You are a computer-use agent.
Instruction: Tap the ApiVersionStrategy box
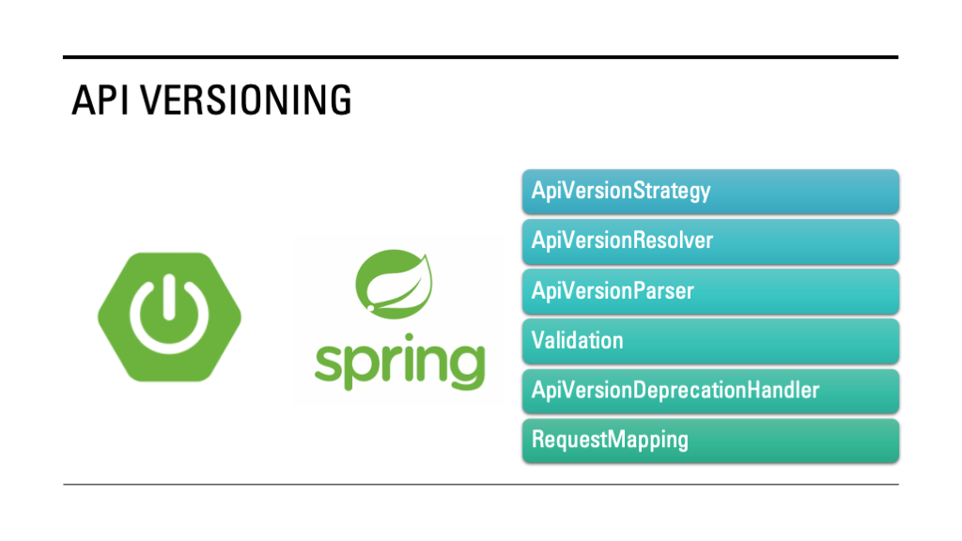coord(710,192)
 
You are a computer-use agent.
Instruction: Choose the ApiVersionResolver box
coord(710,241)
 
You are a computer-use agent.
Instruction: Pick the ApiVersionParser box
coord(710,291)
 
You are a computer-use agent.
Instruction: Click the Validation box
coord(710,341)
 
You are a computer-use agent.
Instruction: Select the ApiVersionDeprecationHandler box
coord(710,391)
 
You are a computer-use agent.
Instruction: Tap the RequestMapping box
coord(710,441)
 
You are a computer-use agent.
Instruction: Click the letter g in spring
coord(464,368)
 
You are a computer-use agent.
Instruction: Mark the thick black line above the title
coord(481,57)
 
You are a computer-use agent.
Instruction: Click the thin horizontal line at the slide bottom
coord(481,485)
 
